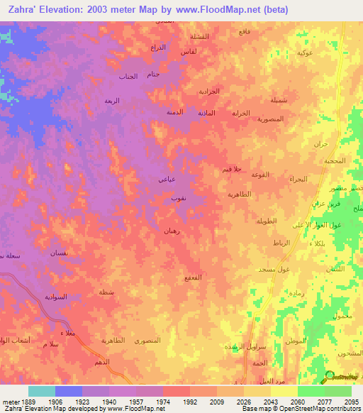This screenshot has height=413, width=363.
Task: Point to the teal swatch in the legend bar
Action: (41, 391)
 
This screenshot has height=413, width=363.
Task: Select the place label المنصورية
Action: (270, 119)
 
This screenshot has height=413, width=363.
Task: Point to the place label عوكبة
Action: (306, 53)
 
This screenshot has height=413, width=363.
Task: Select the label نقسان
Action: (58, 253)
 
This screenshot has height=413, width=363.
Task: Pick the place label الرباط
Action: (281, 243)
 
